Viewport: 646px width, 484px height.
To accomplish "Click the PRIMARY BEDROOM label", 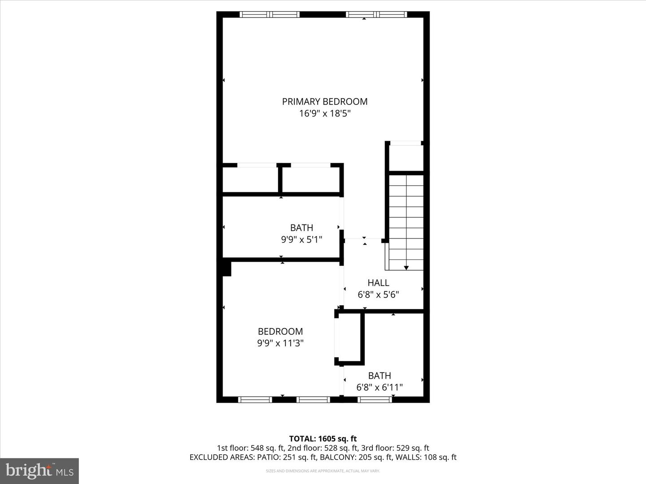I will click(324, 102).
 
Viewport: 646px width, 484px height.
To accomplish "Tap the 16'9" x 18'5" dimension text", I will click(324, 114).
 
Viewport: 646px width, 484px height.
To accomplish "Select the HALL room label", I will click(378, 283).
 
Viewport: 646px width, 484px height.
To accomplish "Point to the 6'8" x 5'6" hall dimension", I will click(378, 295).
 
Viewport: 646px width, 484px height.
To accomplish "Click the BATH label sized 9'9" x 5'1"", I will click(301, 228).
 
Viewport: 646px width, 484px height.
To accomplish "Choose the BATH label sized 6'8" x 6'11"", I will click(380, 376).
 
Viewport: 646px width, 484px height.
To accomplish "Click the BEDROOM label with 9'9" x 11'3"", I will click(280, 332).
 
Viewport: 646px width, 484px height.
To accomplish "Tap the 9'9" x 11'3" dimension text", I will click(280, 343).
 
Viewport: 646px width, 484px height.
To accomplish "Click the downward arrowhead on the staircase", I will click(406, 268).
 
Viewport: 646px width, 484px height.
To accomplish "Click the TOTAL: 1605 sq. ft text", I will click(323, 439).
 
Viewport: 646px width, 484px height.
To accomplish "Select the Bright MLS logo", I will click(39, 471).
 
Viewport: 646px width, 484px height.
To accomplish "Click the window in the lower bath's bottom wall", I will click(375, 399).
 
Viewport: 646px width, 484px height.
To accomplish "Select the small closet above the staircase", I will click(406, 157).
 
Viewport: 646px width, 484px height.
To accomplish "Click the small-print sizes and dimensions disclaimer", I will click(323, 471).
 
